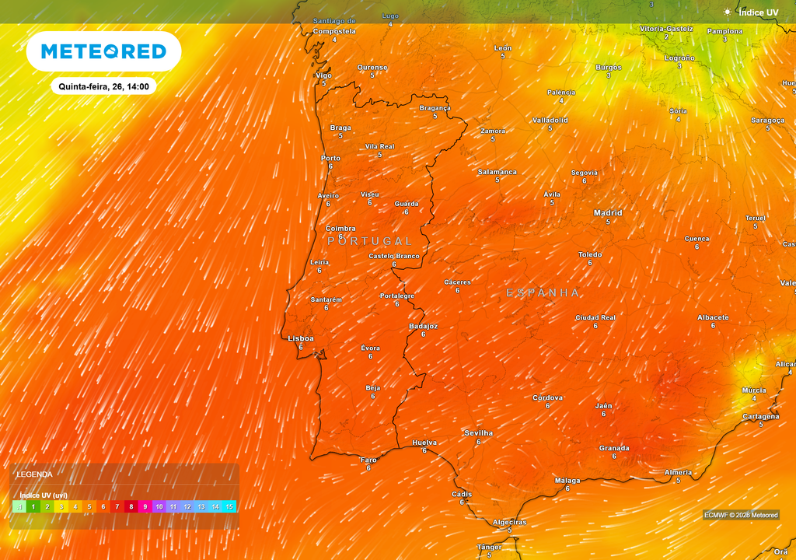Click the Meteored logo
pos(103,51)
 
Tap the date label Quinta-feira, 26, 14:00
pos(103,86)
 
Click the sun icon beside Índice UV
pos(727,12)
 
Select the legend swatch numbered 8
pos(131,506)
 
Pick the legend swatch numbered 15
pos(229,506)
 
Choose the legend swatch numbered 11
pos(173,506)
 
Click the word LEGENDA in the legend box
pos(35,474)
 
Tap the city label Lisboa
pos(301,338)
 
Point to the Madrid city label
pos(608,212)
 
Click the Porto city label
pos(330,158)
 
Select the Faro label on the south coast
pos(368,460)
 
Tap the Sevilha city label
pos(478,432)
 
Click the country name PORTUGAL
pos(369,241)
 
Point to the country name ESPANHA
pos(543,292)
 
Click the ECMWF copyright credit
pos(740,515)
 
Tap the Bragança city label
pos(435,108)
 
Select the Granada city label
pos(614,448)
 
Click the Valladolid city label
pos(550,121)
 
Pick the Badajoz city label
pos(423,326)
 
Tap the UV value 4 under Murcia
pos(754,398)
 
